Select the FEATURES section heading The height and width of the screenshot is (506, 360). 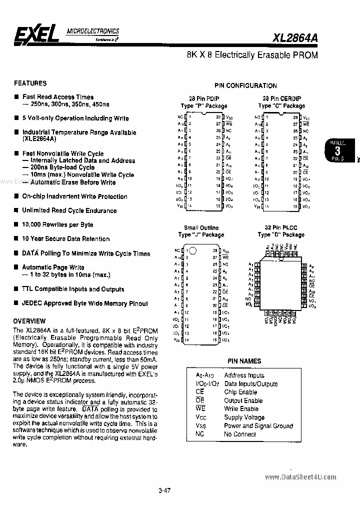pos(30,83)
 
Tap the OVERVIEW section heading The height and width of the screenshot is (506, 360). pos(29,320)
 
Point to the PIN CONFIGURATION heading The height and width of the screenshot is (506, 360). pos(245,85)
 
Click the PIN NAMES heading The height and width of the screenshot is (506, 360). pos(244,360)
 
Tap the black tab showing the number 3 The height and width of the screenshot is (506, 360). pos(337,151)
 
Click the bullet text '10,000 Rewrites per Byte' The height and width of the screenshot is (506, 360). pos(57,224)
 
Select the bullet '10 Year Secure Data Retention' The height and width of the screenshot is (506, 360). pos(65,239)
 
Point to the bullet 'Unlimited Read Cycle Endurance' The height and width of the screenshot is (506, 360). pos(69,210)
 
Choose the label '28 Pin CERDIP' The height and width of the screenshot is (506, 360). pos(281,98)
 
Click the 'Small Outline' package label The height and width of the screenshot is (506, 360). pos(201,227)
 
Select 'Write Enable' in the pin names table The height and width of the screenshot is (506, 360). pos(241,408)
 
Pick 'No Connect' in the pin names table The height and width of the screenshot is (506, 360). pos(240,434)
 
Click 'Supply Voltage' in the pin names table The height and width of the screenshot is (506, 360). pos(244,417)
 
